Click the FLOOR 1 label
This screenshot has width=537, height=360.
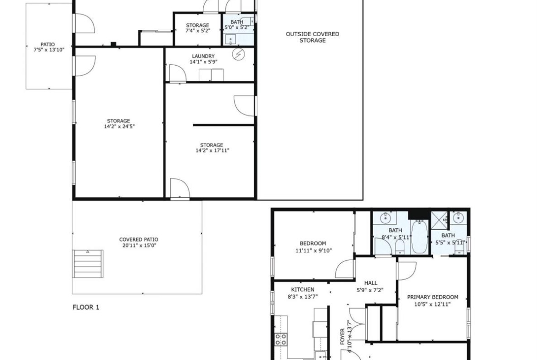[x=86, y=307]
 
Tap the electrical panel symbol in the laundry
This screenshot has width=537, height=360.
[x=238, y=54]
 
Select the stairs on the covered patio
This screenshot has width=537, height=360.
[x=88, y=264]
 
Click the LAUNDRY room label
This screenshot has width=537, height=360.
[x=203, y=56]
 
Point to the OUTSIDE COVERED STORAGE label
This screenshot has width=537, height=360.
[x=313, y=37]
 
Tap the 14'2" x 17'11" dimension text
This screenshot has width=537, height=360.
[x=213, y=150]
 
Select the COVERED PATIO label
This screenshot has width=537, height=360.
[x=139, y=239]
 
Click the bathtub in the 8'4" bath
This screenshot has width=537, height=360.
[x=419, y=237]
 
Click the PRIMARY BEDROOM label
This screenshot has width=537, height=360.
[x=432, y=297]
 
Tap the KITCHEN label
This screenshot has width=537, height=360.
[x=303, y=289]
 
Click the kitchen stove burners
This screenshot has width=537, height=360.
[x=281, y=339]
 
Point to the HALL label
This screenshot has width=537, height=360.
[x=371, y=283]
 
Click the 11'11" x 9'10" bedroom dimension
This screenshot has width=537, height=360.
[x=313, y=250]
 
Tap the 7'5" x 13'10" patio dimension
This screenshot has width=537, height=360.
[x=49, y=50]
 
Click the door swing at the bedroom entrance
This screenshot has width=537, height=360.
[x=345, y=269]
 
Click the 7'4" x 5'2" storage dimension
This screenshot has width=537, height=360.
[x=198, y=30]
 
